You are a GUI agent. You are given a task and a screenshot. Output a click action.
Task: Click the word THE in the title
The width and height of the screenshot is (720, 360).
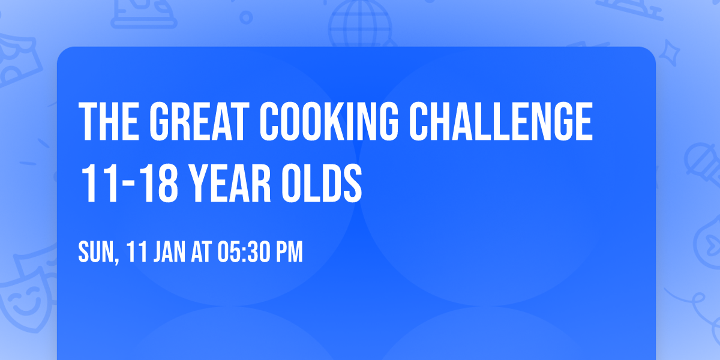coord(109,122)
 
